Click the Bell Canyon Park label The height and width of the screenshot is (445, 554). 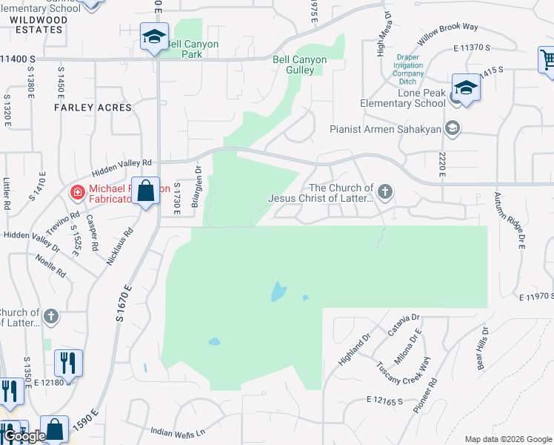[x=191, y=49]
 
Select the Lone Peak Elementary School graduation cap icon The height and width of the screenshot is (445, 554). [x=466, y=88]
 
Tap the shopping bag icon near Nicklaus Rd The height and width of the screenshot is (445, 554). [x=146, y=191]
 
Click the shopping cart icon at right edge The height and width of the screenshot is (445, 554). [x=547, y=59]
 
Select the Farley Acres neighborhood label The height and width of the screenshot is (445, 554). [x=93, y=108]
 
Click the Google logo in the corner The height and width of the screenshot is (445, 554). [x=24, y=436]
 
